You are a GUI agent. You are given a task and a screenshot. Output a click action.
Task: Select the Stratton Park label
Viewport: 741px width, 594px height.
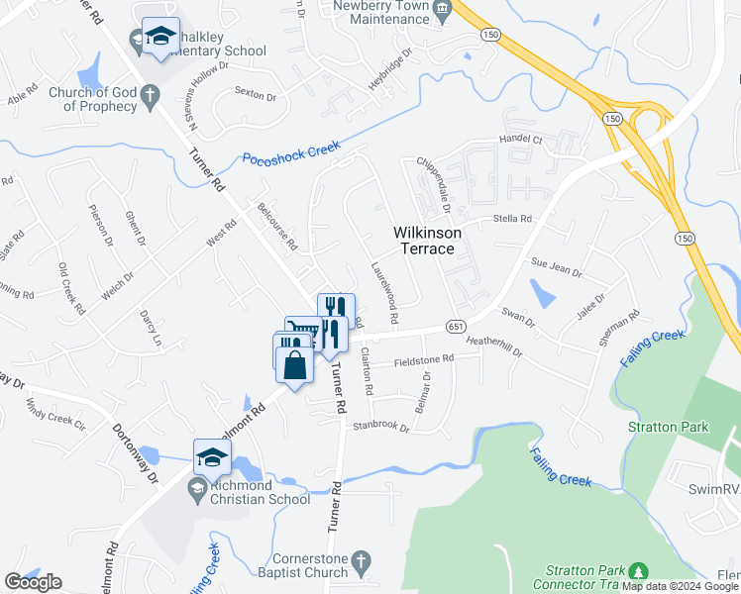click(669, 427)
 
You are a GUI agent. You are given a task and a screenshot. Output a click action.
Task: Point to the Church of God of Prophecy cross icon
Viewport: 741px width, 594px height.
click(150, 96)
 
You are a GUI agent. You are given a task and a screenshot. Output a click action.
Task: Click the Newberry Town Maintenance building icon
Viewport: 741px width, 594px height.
click(442, 9)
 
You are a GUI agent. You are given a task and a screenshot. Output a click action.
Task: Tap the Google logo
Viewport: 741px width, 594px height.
click(33, 582)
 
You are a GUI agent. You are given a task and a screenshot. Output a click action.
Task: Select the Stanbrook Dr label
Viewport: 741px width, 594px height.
click(381, 427)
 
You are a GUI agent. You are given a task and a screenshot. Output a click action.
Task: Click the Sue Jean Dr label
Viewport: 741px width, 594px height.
click(553, 263)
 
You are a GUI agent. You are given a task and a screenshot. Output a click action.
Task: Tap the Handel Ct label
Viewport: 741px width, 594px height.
click(521, 141)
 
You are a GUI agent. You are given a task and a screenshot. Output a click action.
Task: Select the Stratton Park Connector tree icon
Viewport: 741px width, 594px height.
click(639, 571)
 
